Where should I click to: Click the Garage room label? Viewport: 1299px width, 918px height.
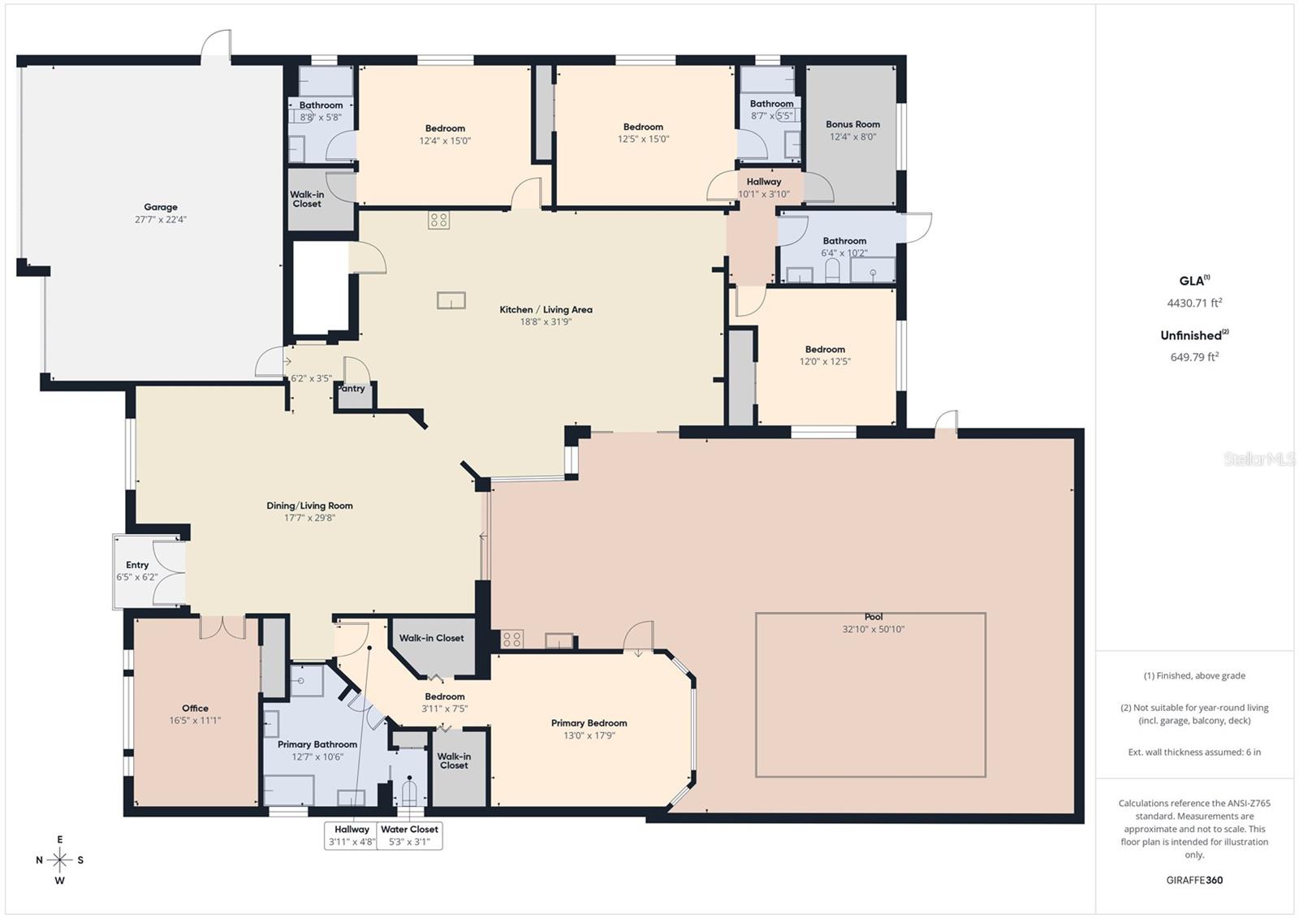click(161, 207)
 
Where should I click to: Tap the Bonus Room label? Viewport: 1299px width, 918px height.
click(852, 124)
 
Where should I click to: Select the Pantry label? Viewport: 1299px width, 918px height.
click(352, 389)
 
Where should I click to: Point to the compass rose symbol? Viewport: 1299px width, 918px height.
click(59, 860)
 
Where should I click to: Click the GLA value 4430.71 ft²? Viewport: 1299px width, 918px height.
click(1193, 303)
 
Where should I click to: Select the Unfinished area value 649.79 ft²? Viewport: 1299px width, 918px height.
click(1193, 356)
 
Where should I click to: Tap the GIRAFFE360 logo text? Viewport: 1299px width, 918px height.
click(1193, 880)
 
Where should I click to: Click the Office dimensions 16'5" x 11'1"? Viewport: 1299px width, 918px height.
click(195, 721)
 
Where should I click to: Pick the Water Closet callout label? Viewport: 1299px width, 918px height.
click(409, 830)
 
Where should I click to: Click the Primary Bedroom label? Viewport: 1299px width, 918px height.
click(589, 723)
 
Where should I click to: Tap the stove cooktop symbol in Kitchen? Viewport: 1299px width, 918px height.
click(438, 220)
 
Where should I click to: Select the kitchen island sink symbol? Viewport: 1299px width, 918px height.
click(451, 300)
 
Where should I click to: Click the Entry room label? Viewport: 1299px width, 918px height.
click(137, 565)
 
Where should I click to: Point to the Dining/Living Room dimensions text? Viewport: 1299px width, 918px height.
click(309, 518)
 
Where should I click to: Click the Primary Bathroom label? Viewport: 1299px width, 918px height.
click(317, 744)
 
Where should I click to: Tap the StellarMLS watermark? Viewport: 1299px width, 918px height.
click(1259, 459)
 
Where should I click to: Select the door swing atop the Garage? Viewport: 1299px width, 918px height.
click(216, 45)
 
